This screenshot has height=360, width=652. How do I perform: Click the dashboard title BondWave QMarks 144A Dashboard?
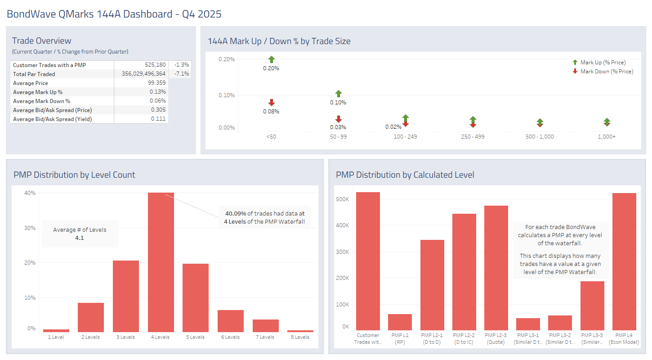pos(114,14)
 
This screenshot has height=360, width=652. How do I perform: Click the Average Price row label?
pos(31,83)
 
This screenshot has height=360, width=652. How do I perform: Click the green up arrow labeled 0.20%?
pos(271,59)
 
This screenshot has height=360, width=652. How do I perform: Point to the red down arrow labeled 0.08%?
pos(271,103)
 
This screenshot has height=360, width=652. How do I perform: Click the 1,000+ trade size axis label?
pos(607,136)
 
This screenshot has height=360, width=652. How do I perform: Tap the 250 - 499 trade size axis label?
pos(473,136)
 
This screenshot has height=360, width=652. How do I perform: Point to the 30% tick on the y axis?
pos(30,228)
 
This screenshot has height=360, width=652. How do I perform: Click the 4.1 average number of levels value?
pos(80,238)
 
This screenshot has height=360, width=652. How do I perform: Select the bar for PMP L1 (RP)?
pos(400,322)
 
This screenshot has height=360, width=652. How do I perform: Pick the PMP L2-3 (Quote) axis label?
pos(496,338)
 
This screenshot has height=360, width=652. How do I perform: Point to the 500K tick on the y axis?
pos(342,199)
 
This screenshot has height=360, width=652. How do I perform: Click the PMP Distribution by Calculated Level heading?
pos(405,175)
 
